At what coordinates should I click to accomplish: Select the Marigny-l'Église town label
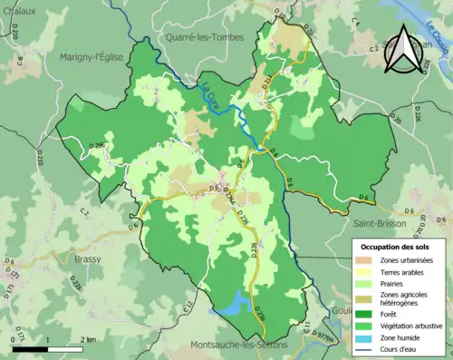tap(96, 57)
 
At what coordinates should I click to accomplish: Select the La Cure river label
tap(210, 92)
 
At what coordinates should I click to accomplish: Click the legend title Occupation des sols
tap(397, 247)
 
